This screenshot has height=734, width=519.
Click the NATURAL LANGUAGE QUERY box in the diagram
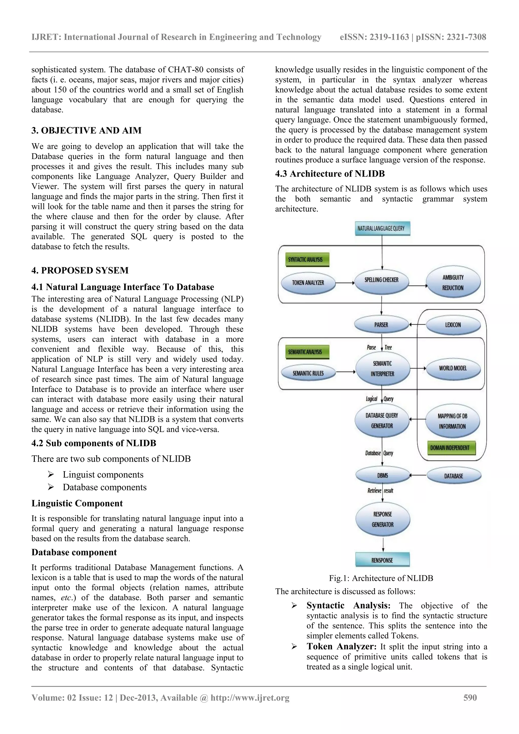382,229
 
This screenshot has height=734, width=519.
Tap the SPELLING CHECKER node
381,280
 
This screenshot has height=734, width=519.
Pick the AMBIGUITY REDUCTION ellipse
453,283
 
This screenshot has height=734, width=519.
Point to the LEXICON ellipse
453,325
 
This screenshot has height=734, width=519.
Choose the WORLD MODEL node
453,368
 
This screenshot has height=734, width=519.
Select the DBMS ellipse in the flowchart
382,475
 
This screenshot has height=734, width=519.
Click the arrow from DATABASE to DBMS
418,475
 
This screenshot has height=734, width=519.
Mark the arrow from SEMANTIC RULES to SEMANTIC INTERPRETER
345,372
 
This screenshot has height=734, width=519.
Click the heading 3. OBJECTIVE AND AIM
86,130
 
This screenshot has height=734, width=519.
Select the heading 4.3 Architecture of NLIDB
330,174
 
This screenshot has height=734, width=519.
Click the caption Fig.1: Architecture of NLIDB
381,578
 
